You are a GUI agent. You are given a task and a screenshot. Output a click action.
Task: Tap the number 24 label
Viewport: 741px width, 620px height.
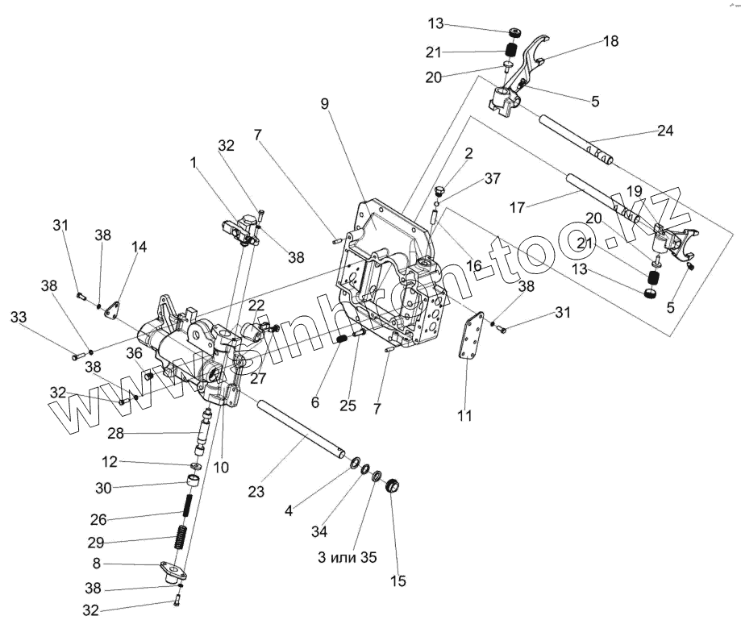click(x=665, y=130)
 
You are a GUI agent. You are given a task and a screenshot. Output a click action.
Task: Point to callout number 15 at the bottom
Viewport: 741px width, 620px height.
click(x=398, y=580)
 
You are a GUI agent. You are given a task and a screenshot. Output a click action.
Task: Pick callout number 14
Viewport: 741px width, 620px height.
click(x=139, y=247)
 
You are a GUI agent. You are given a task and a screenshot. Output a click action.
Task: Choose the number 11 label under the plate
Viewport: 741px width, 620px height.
click(x=464, y=416)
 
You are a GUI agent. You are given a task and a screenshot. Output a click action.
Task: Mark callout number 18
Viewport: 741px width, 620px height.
click(x=612, y=41)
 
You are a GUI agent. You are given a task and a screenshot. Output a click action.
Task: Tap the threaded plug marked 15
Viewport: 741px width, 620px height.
click(x=393, y=486)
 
